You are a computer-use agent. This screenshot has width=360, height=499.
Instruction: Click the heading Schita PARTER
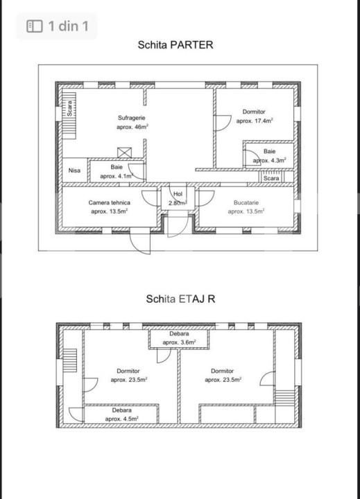[175, 44]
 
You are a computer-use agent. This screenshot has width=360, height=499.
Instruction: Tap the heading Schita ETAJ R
[180, 299]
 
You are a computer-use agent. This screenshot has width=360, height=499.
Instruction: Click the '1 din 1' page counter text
[68, 26]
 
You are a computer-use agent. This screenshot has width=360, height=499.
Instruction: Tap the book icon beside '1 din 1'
[35, 26]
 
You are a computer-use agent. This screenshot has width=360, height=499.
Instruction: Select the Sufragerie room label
[132, 118]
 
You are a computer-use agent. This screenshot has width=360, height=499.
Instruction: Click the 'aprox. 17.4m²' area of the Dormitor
[254, 121]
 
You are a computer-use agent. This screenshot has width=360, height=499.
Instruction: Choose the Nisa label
[74, 170]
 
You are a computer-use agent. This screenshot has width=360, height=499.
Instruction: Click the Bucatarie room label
[246, 202]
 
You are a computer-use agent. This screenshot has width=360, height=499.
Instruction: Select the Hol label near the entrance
[178, 194]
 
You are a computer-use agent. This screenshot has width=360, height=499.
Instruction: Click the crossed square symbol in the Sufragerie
[124, 153]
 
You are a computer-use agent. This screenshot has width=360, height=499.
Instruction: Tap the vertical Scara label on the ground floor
[69, 109]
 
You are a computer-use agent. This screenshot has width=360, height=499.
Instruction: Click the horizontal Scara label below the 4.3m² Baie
[271, 178]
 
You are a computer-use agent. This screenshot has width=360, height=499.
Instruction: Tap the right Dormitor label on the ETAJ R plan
[223, 371]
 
